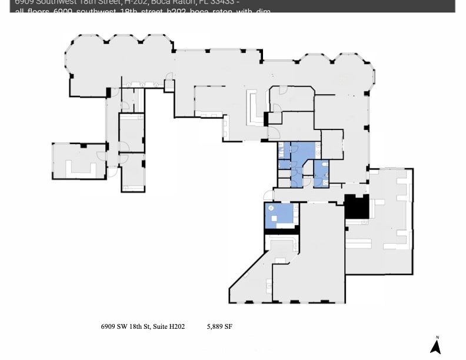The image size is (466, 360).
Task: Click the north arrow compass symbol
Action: click(x=435, y=345)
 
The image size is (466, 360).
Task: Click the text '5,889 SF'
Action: click(x=219, y=326)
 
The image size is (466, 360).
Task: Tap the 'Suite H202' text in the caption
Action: click(x=169, y=326)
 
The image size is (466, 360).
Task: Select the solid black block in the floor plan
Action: click(x=355, y=206)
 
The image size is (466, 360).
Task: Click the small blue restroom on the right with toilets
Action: click(x=321, y=173)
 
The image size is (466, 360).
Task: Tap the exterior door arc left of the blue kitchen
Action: click(x=268, y=195)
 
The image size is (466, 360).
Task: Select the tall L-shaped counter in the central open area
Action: click(x=254, y=109)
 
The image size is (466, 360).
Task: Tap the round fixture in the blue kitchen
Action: click(x=271, y=208)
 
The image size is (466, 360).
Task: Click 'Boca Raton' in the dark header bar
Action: click(x=152, y=2)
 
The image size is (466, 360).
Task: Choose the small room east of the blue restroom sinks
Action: click(x=332, y=145)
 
